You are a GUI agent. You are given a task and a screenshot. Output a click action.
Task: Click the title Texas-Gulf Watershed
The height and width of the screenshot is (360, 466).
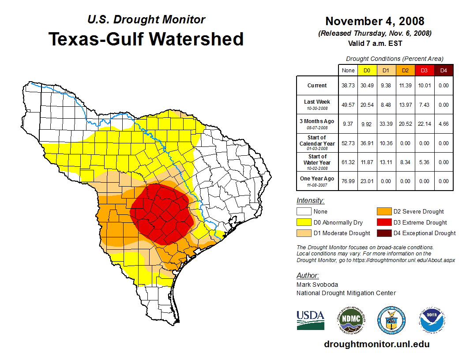click(x=146, y=39)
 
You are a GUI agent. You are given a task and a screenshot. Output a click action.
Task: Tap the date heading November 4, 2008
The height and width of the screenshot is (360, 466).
click(x=375, y=21)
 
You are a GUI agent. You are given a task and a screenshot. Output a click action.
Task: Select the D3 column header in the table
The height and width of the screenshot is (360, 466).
click(x=424, y=70)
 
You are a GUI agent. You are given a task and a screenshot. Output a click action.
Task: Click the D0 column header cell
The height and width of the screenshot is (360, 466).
click(x=367, y=70)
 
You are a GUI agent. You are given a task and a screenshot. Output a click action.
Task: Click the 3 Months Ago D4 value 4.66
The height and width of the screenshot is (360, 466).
click(x=443, y=124)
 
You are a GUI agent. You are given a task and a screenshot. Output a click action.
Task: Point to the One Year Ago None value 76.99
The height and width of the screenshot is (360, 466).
click(x=348, y=181)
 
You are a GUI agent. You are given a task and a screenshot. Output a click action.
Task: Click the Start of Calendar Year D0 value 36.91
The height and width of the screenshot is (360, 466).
click(x=367, y=143)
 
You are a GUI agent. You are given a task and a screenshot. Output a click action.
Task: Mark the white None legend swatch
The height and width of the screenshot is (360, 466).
click(x=304, y=212)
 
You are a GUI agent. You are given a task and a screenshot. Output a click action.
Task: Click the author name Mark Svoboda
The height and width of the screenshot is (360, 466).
click(x=317, y=285)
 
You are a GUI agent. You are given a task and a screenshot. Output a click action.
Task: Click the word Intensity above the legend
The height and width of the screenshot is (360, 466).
click(x=310, y=201)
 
